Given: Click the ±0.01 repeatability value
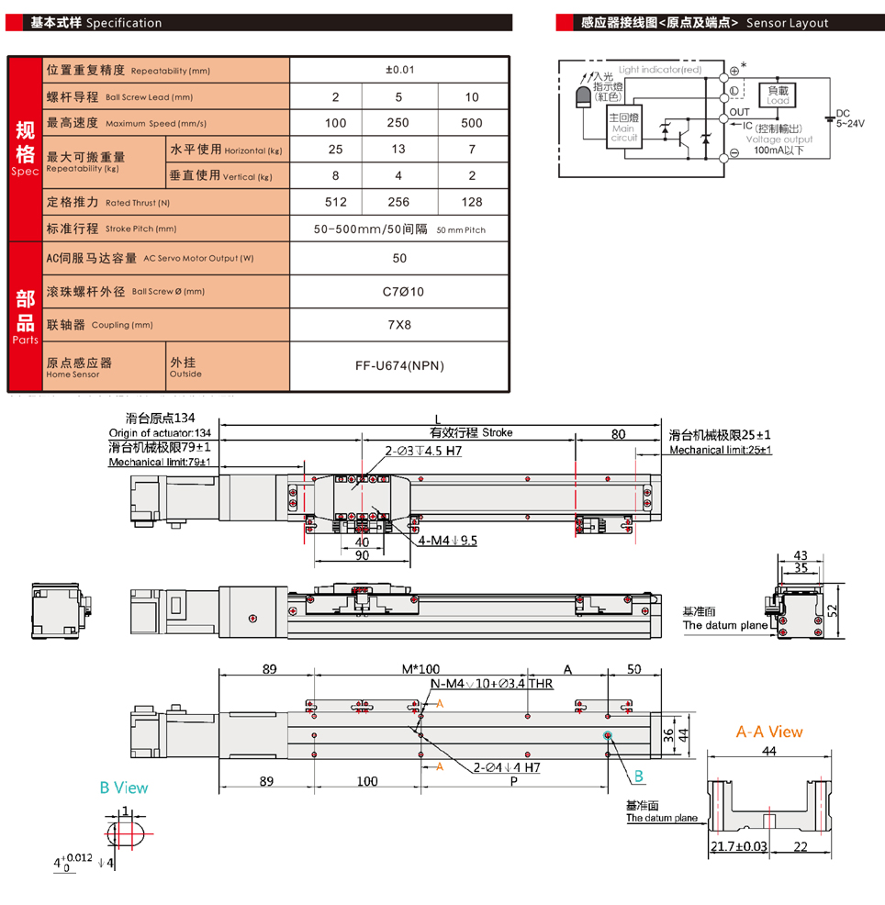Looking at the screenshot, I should point(399,70).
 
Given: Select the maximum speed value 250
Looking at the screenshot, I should point(399,123).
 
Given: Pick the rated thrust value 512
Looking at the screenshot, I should point(335,202).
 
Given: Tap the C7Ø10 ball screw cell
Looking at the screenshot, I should point(399,292).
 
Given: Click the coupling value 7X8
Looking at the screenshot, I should point(399,325).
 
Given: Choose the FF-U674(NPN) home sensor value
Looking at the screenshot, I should point(399,366).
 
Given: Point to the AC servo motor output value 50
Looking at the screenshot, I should point(399,259).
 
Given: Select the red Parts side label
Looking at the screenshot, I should point(25,317).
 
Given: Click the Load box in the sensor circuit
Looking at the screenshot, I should point(778,94).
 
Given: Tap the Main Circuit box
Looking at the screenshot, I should point(624,126).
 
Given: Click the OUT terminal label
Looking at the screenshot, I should point(739,112).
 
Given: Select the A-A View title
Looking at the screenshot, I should point(768,732).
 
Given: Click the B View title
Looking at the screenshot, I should point(124,788).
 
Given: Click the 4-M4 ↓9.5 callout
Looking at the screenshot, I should point(448,541).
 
